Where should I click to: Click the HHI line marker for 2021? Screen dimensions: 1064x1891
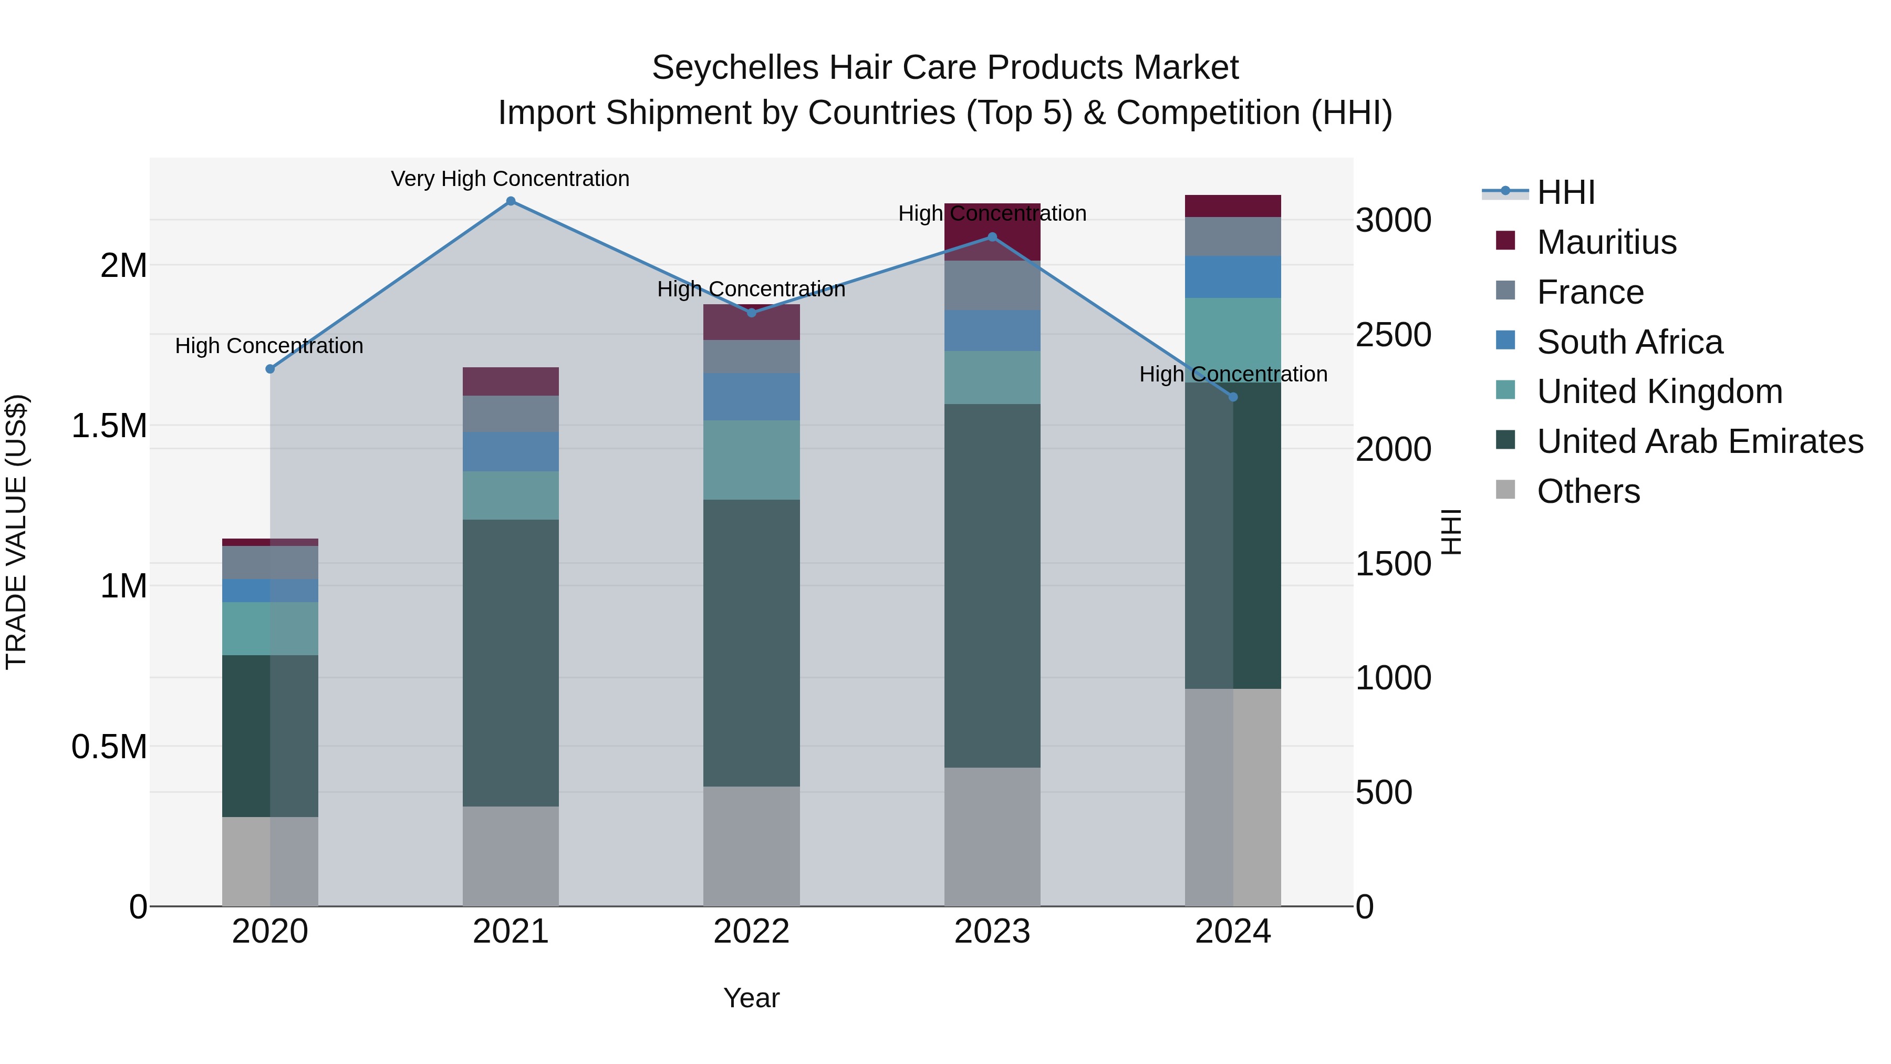[x=511, y=201]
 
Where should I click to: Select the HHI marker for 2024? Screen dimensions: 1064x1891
[x=1233, y=397]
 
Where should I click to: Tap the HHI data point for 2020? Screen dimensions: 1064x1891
[x=270, y=369]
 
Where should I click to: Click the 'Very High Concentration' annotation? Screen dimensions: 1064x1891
[x=510, y=179]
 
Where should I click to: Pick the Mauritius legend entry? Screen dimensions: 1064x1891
[x=1606, y=242]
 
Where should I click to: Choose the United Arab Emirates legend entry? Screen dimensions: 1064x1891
[x=1699, y=442]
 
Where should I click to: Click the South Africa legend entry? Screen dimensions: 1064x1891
[x=1629, y=342]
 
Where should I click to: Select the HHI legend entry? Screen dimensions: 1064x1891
[x=1565, y=192]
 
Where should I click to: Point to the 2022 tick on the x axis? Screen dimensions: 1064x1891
[x=751, y=932]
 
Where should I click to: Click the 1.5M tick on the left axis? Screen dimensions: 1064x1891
[x=109, y=426]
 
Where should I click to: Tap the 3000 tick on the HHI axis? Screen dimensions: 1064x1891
[x=1393, y=220]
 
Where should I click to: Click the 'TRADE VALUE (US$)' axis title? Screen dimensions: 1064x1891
[x=16, y=532]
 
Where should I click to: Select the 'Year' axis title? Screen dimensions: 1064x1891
[x=751, y=998]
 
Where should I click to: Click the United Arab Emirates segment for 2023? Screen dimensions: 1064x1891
[x=992, y=585]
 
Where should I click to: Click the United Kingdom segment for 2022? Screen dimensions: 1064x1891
[x=751, y=460]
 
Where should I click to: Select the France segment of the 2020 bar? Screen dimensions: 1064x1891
[x=270, y=562]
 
